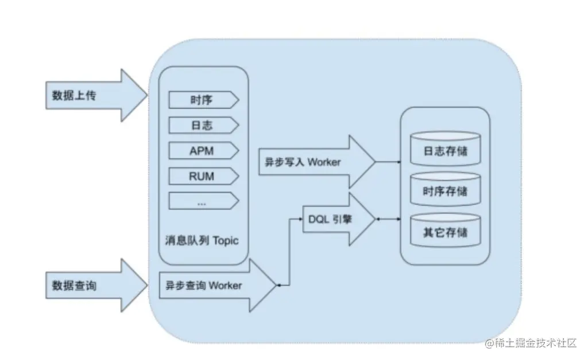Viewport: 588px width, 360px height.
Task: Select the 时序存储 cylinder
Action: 445,192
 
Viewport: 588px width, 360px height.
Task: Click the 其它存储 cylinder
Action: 445,232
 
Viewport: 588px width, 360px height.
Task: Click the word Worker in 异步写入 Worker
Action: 324,162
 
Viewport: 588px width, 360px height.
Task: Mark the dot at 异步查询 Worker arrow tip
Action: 278,285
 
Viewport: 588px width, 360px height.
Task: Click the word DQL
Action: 319,219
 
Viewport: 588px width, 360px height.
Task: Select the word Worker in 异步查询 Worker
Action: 225,285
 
